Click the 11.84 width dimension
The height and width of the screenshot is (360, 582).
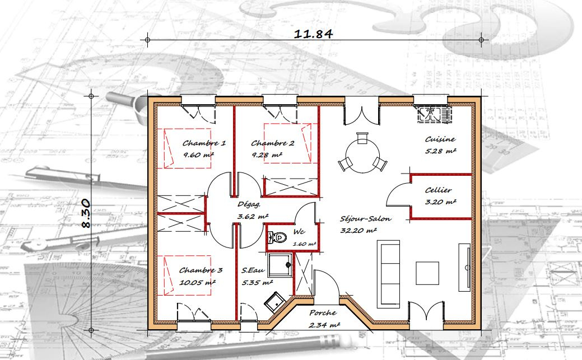pos(314,33)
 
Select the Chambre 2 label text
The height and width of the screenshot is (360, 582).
pos(272,143)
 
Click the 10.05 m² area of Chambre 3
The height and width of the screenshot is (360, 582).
pos(197,283)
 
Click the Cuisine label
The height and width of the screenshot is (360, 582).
pos(440,139)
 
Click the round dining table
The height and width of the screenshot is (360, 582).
pos(362,155)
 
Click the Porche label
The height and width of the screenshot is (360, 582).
pos(323,314)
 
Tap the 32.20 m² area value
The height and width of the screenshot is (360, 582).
pos(358,230)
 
